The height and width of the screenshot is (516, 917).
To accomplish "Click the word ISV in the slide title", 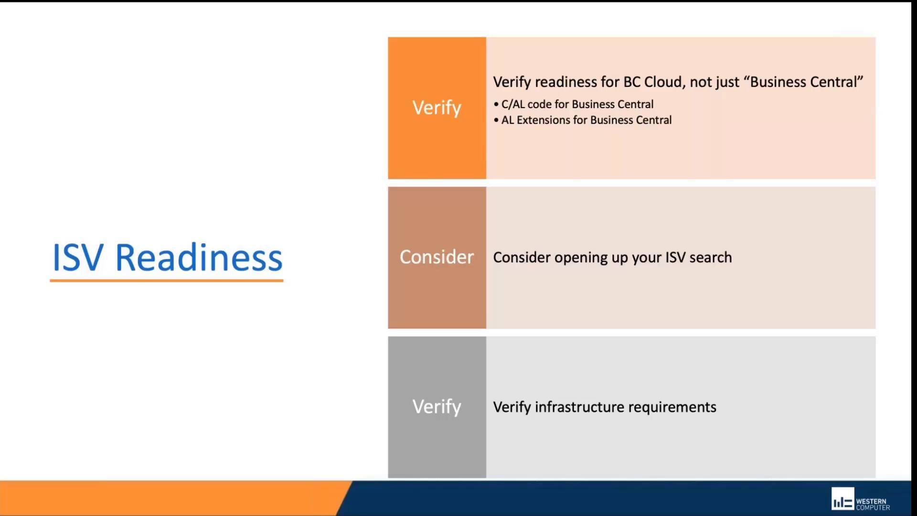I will point(77,258).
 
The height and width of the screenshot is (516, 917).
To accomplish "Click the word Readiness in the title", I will point(199,258).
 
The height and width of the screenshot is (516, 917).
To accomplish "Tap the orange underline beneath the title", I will point(166,280).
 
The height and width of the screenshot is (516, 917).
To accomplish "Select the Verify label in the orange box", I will point(437,108).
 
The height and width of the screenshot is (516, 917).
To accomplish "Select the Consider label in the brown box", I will point(437,257).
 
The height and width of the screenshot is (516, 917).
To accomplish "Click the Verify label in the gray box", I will point(437,407).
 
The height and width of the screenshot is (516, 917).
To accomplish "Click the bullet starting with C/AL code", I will point(577,104).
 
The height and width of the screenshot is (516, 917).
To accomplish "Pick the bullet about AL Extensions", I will point(586,120).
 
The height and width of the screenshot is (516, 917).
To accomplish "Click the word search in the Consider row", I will point(710,258).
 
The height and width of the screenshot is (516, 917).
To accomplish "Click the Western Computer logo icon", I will point(842,499).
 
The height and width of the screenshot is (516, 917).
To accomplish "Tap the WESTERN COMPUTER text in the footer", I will point(872,505).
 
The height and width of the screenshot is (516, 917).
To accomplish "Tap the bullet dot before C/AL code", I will point(496,104).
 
